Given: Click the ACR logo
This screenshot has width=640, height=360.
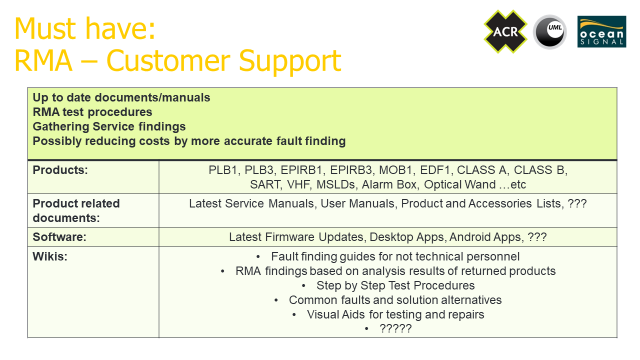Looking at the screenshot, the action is [505, 31].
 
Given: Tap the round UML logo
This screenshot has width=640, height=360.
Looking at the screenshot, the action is [549, 31].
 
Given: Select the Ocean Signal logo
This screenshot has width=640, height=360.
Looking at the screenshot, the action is [601, 31].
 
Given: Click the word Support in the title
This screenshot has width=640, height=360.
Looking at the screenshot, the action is [289, 61].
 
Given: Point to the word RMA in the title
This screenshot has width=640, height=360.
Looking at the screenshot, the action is [43, 60].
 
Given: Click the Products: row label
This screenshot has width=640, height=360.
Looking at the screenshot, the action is [60, 170].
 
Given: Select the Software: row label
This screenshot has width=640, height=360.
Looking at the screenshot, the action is [59, 237].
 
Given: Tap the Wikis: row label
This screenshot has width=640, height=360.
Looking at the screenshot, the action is [50, 256].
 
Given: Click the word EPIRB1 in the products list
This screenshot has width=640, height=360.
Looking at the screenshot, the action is [303, 170].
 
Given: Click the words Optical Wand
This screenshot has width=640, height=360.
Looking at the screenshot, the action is [459, 184].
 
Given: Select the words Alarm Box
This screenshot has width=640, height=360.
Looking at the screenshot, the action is [390, 184].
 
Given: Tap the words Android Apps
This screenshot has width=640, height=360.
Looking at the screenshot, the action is [486, 237].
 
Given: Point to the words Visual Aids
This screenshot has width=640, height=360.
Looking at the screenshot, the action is [335, 314].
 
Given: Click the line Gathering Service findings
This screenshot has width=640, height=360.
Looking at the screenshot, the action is [109, 126].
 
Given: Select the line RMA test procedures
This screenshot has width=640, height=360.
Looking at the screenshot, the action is [92, 112].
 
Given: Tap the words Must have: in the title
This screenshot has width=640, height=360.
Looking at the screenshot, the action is [85, 28].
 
